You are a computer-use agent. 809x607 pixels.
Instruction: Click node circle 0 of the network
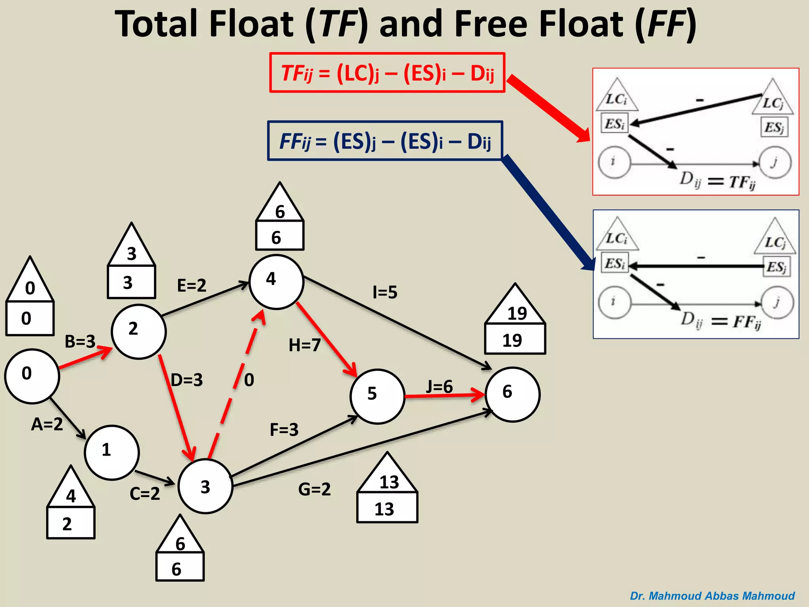32,376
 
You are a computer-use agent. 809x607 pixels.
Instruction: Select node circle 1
112,452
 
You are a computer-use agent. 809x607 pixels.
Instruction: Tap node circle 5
377,396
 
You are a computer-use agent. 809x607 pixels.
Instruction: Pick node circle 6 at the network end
512,394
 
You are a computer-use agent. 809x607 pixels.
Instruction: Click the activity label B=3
80,341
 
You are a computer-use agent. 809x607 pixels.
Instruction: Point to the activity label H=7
305,345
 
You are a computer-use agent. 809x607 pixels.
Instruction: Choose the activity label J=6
439,386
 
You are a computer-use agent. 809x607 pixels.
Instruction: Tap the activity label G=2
314,489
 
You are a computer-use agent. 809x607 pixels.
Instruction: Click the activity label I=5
385,292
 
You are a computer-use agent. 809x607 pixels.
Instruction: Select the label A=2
47,424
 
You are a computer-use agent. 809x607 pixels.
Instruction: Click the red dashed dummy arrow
236,385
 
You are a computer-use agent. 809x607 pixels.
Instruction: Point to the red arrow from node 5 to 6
444,396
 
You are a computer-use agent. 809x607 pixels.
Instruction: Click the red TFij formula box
387,73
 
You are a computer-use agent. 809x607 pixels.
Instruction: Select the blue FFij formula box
385,141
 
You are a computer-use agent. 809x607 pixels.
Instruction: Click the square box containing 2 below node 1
71,523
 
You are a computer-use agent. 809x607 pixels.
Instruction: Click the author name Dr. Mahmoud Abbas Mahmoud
712,596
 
